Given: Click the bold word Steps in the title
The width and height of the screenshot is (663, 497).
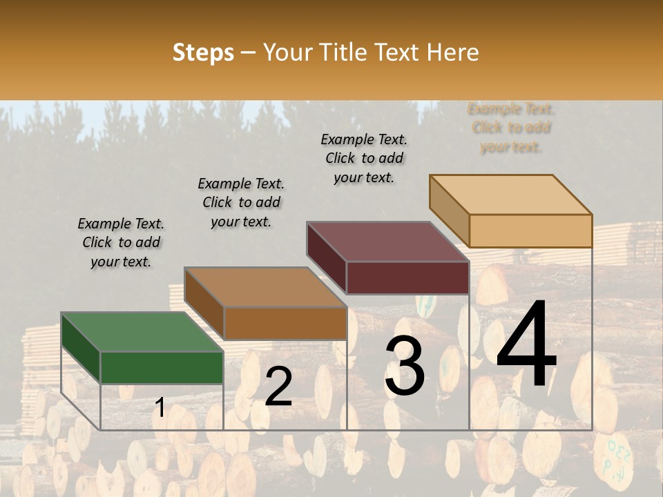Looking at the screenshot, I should point(203,52).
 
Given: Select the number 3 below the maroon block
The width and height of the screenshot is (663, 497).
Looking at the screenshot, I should point(405,366).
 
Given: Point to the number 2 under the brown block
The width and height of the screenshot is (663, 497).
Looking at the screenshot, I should point(278,387).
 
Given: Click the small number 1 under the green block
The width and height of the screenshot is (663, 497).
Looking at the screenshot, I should point(160,408).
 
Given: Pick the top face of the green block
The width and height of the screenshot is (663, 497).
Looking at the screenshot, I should point(142,332).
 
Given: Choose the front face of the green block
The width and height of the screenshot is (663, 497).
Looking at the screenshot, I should point(162,367).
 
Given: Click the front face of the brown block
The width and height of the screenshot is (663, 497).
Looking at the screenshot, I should point(285,323).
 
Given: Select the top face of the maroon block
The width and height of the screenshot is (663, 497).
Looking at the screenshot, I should point(388,242).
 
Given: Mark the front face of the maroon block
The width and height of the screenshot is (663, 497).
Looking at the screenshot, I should point(407,277).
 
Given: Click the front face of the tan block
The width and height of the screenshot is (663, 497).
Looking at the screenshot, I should point(530,231).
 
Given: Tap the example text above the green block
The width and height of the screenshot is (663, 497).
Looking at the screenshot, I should point(121,242).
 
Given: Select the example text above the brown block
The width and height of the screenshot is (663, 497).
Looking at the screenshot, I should point(241,202).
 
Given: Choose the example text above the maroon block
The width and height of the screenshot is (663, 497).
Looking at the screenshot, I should point(364,158).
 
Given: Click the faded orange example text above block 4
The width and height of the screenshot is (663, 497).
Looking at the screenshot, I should point(511,128).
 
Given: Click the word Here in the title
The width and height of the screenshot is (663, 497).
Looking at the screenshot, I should point(452,52).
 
